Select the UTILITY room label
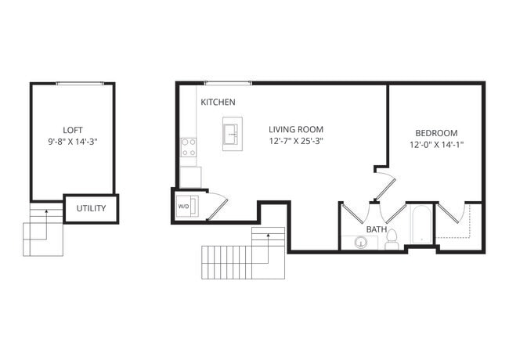coord(91,209)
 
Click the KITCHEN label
coord(218,103)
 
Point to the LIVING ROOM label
coord(296,130)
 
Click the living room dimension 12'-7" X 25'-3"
coord(296,142)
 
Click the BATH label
coord(377,229)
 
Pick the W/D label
coord(184,207)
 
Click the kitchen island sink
coord(232,134)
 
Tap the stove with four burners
coord(189,147)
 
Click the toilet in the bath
coord(392,239)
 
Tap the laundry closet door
coord(218,206)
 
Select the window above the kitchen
coord(228,82)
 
